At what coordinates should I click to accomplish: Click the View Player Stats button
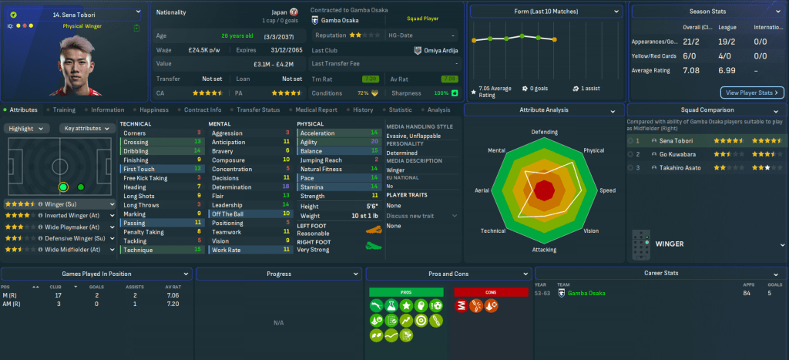point(752,93)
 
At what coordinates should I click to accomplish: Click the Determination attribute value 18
point(286,187)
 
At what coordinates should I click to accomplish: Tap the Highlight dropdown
point(27,128)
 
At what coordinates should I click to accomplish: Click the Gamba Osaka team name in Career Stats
point(587,294)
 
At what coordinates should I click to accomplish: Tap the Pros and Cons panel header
point(448,274)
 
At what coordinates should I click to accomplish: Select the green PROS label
point(406,293)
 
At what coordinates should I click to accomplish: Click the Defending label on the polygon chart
point(544,132)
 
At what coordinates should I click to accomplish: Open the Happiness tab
point(154,110)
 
